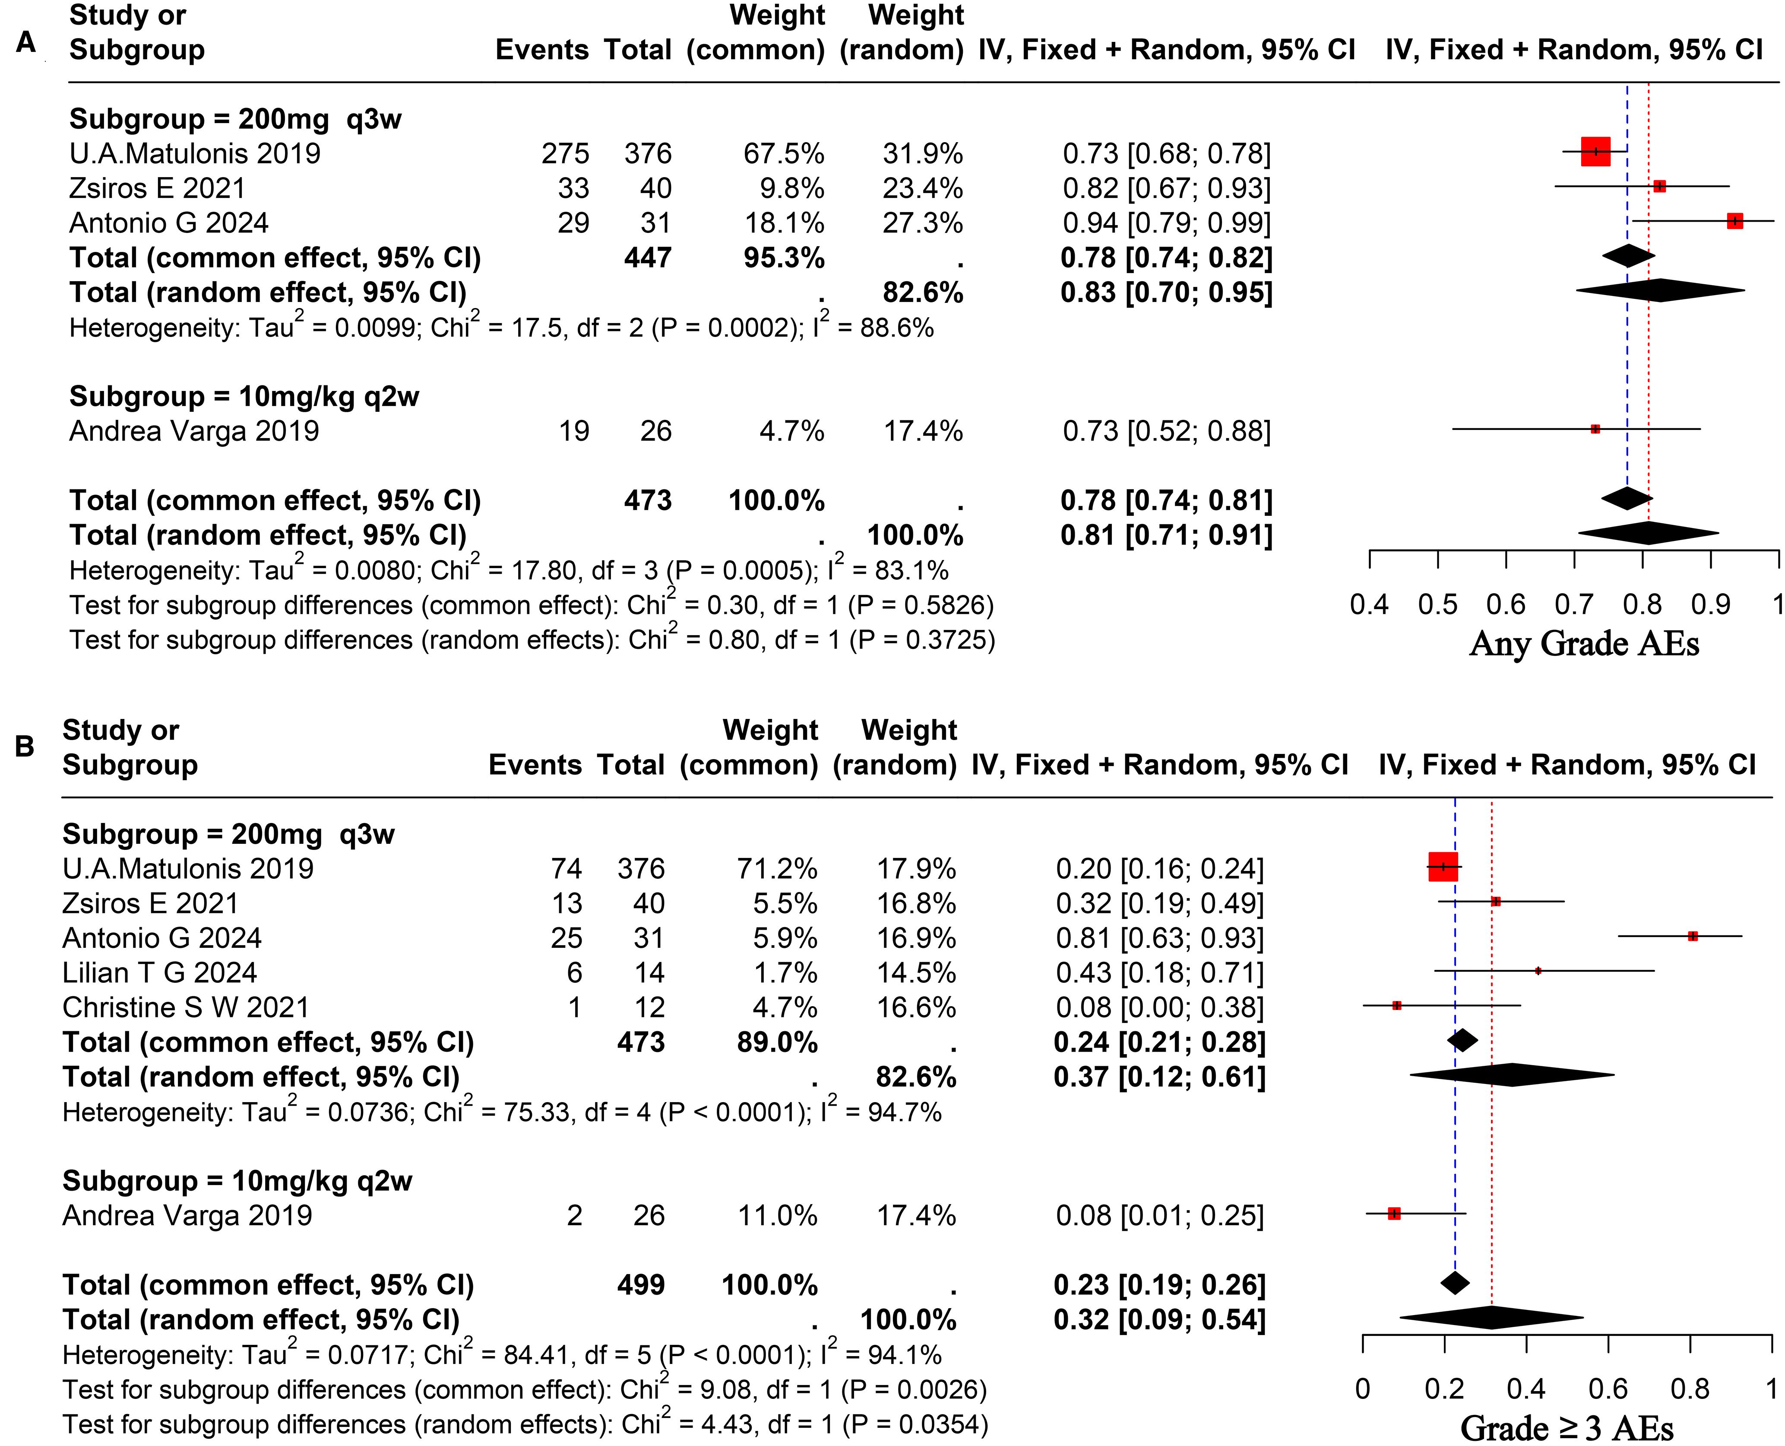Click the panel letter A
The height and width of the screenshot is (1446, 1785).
point(26,41)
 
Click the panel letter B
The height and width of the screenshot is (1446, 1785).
point(24,746)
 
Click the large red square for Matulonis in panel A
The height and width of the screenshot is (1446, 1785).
point(1595,152)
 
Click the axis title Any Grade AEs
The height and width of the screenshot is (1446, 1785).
point(1583,644)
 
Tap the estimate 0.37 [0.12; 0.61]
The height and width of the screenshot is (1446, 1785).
point(1159,1077)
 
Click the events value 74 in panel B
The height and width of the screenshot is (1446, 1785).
point(566,869)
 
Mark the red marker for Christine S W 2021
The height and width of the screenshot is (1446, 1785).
point(1397,1005)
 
